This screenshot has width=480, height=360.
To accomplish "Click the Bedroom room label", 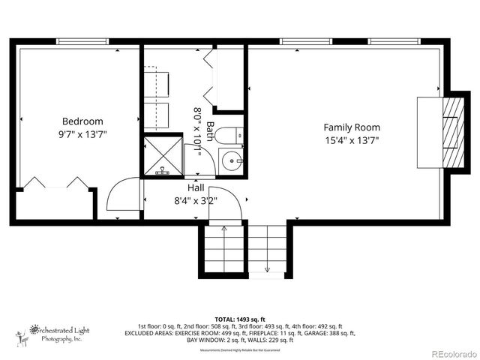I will coord(82,121).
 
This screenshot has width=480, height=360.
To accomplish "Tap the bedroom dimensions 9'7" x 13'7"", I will coord(82,135).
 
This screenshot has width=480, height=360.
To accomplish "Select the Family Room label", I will coord(352,127).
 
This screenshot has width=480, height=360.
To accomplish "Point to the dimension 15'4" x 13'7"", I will coord(352,140).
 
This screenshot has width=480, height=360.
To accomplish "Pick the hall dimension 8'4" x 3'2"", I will coord(196,200).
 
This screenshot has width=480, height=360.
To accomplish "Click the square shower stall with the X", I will coord(163,156).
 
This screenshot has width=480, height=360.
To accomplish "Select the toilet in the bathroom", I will coord(229,135).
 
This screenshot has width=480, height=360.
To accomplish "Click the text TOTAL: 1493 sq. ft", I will coord(240,319).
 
